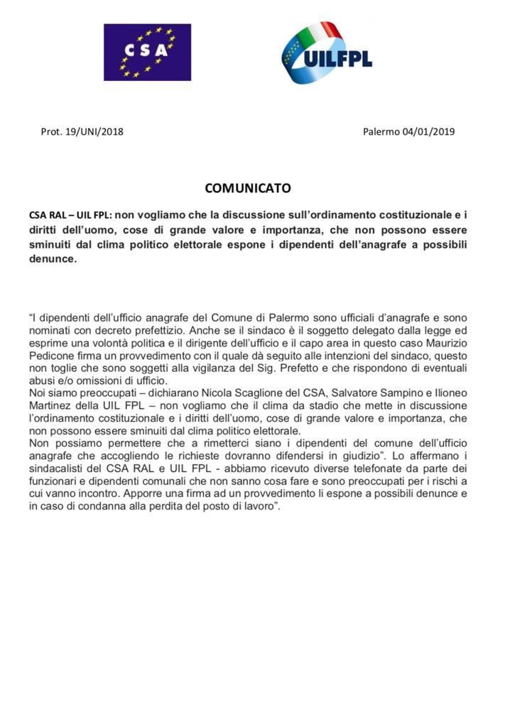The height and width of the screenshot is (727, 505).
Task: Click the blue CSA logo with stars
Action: (147, 52)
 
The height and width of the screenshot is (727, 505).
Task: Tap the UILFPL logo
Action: (327, 53)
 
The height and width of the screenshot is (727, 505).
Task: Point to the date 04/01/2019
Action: (429, 131)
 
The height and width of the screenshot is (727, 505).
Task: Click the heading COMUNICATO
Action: (248, 188)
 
